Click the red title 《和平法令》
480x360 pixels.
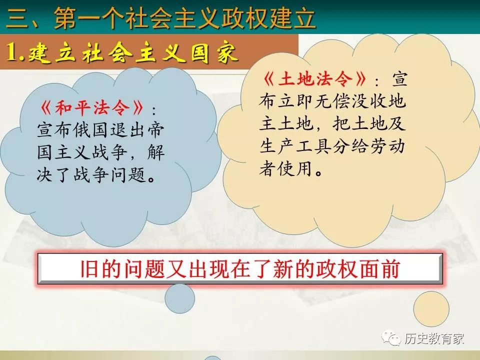pyautogui.click(x=91, y=108)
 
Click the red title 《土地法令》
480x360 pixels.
pyautogui.click(x=314, y=78)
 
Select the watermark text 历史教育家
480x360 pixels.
pyautogui.click(x=434, y=338)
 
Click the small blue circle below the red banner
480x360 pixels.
pyautogui.click(x=179, y=298)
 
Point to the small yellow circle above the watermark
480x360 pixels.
pyautogui.click(x=431, y=309)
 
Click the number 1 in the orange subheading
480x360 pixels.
pyautogui.click(x=11, y=51)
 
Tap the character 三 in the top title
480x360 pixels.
pyautogui.click(x=17, y=18)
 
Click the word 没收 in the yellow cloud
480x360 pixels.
pyautogui.click(x=369, y=101)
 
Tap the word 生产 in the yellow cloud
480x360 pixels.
pyautogui.click(x=277, y=146)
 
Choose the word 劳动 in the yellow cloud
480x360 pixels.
pyautogui.click(x=387, y=146)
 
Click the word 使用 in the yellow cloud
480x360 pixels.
pyautogui.click(x=295, y=168)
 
